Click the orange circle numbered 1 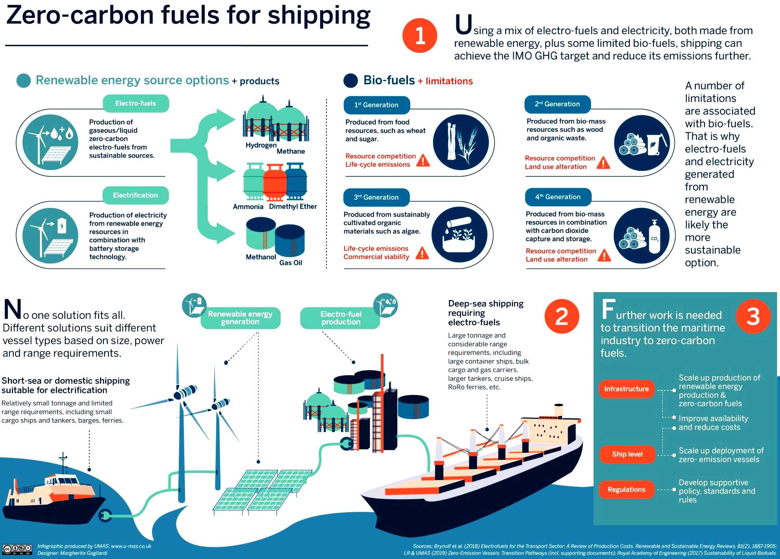click(420, 35)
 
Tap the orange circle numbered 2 click(562, 316)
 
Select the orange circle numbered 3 click(753, 316)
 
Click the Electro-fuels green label click(136, 104)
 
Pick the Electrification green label click(135, 195)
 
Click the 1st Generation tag click(376, 105)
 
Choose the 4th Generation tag click(558, 197)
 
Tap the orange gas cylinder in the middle click(275, 182)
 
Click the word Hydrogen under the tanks click(261, 145)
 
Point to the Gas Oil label click(291, 263)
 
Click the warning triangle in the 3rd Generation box click(422, 253)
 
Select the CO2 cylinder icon click(654, 237)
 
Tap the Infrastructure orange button click(626, 389)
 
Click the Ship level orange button click(627, 454)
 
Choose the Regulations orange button click(626, 490)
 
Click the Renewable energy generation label click(240, 318)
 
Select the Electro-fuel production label click(341, 318)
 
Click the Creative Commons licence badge click(17, 549)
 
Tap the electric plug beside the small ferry click(105, 515)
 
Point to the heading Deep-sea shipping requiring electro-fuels click(486, 313)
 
